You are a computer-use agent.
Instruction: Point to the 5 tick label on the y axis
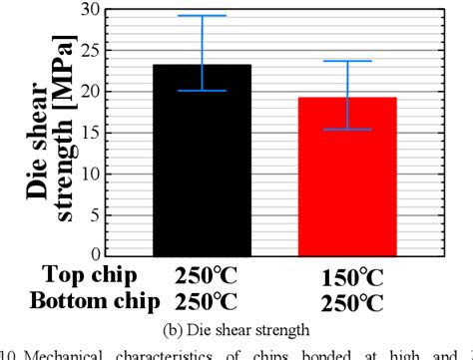point(95,214)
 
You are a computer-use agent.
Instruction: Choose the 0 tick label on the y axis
point(95,254)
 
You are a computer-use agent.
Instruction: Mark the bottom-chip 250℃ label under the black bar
point(208,298)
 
